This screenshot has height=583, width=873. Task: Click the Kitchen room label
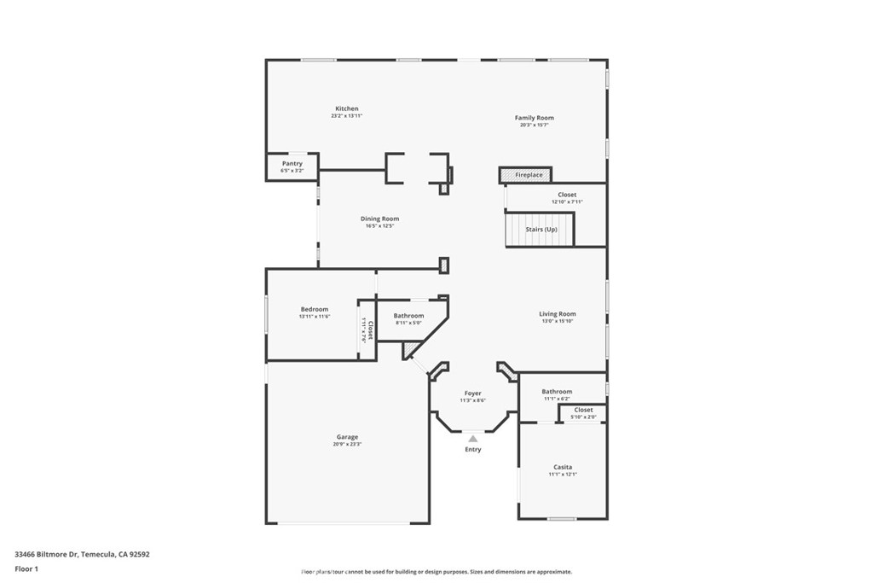[346, 108]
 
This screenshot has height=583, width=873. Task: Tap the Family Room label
[534, 118]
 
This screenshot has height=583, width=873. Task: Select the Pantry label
[292, 163]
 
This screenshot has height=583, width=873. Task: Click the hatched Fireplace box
[525, 175]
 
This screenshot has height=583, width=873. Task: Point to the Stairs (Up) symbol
[541, 230]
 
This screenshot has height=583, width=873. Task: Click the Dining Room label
[379, 219]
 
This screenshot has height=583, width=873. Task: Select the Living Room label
[557, 314]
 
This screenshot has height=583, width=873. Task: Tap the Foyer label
[472, 394]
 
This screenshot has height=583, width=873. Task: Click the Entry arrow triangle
[472, 439]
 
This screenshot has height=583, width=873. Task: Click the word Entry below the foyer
[472, 450]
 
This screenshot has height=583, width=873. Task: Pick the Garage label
[346, 436]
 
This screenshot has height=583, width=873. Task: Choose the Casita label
[562, 467]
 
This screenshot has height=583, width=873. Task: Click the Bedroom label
[314, 309]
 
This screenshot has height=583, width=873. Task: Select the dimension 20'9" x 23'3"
[346, 444]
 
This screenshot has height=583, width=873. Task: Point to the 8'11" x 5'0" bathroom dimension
[408, 323]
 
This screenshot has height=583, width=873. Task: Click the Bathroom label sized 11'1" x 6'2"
[557, 392]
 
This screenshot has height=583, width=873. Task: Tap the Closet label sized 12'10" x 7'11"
[567, 195]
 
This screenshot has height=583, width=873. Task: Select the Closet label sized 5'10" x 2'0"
[583, 410]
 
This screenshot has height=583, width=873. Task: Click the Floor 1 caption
[26, 568]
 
